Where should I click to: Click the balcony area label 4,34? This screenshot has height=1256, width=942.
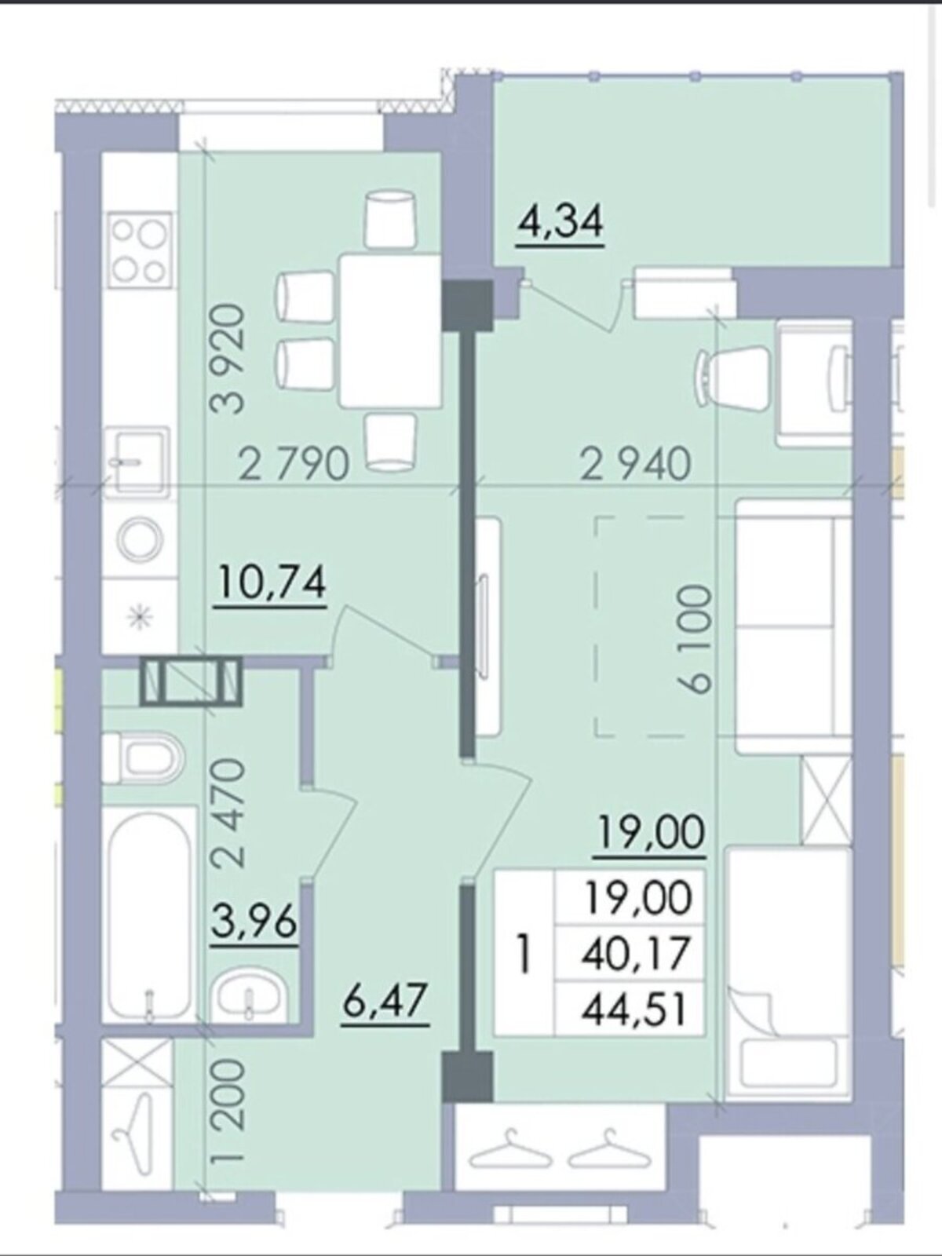[560, 223]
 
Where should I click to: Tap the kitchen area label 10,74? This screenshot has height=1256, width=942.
[272, 583]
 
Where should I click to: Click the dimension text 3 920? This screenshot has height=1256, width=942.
[227, 359]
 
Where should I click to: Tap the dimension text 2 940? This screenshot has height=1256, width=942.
[636, 464]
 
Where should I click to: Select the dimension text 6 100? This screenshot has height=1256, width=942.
[693, 638]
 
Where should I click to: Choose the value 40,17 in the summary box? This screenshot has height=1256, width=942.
[633, 953]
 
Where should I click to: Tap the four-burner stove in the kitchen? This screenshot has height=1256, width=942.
[141, 249]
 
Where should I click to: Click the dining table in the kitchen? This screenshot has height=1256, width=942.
[392, 330]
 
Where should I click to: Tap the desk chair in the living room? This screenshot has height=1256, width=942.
[732, 378]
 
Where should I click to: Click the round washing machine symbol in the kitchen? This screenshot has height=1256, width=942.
[141, 539]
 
